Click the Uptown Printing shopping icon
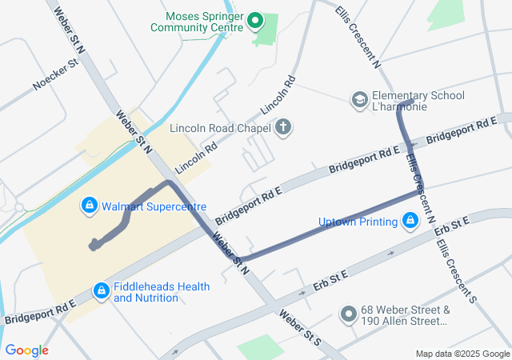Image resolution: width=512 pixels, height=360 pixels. click(410, 220)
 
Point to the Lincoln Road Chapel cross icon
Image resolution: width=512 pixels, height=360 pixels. click(282, 127)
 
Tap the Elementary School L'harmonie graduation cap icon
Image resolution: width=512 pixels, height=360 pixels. click(360, 101)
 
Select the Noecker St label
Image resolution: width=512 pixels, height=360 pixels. click(54, 74)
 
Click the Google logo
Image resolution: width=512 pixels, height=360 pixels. click(26, 350)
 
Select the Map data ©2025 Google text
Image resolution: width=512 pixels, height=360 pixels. click(462, 354)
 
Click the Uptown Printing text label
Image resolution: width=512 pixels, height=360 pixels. click(358, 221)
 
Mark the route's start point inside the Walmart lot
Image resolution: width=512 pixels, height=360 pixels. click(94, 246)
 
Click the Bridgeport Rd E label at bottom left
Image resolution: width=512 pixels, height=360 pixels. click(40, 312)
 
